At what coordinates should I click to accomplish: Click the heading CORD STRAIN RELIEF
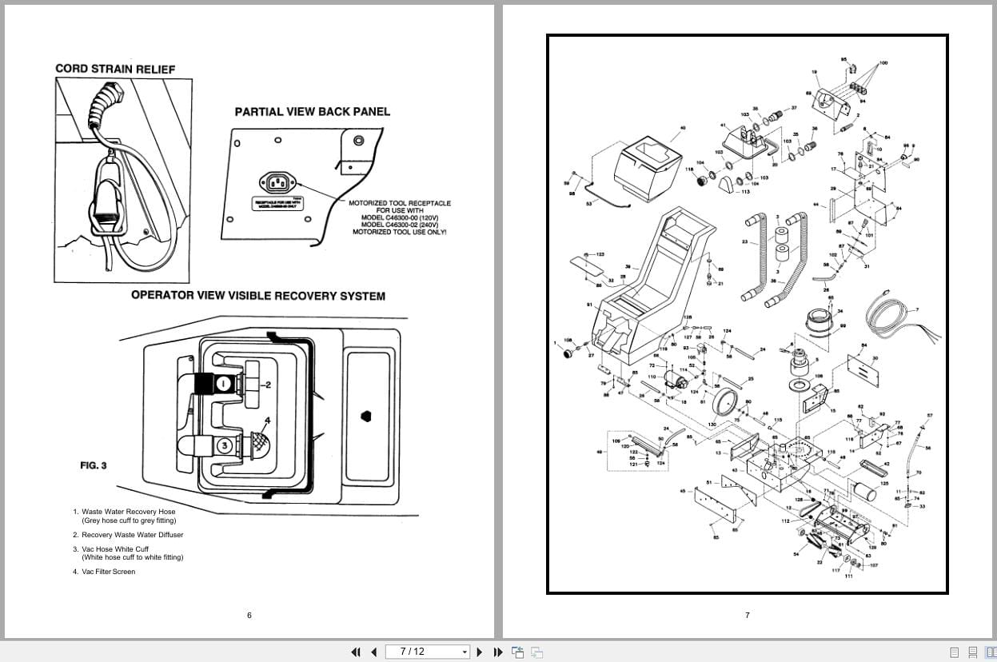tap(115, 69)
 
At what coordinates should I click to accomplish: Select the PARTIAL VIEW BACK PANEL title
tap(312, 112)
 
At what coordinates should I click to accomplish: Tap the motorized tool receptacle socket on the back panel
tap(276, 184)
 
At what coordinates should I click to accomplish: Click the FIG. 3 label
tap(93, 465)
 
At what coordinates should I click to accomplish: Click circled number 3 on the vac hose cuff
tap(226, 445)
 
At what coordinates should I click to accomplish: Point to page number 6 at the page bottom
tap(249, 615)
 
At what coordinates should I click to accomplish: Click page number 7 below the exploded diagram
tap(748, 615)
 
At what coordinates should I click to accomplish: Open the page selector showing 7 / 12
tap(427, 652)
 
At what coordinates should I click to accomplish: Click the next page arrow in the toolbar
tap(480, 652)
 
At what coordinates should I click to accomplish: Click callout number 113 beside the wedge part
tap(746, 192)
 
